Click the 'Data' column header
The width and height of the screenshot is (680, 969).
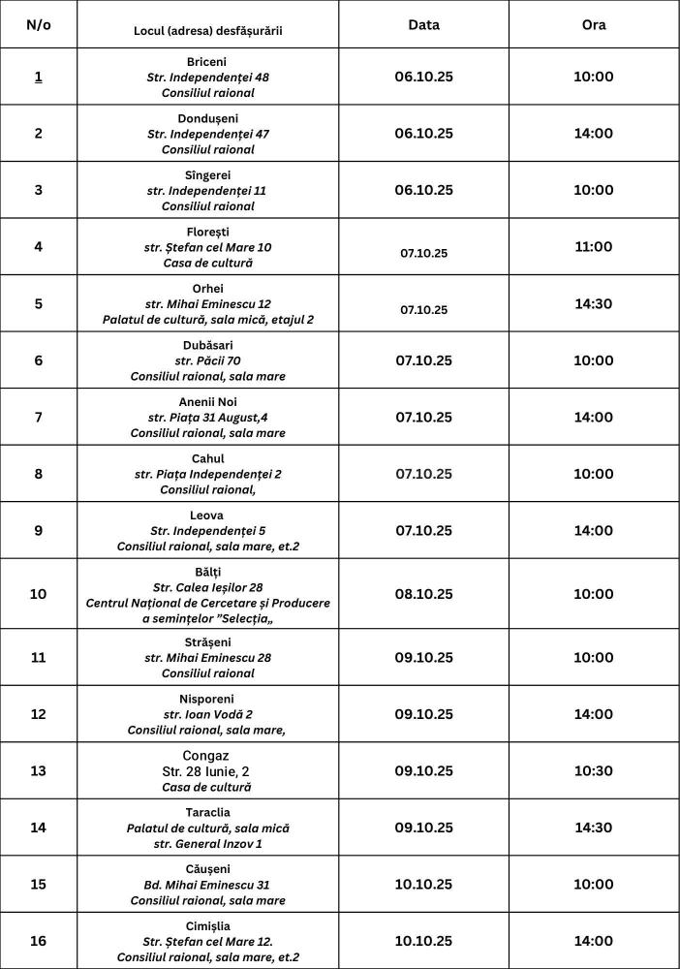[423, 25]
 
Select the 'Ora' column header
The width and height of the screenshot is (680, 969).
[593, 25]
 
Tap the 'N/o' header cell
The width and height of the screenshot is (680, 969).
[38, 25]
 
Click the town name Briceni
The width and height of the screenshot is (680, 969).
[207, 62]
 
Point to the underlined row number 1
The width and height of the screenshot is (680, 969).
[38, 77]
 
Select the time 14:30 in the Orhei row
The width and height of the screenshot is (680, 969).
[593, 303]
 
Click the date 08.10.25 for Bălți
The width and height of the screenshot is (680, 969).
[423, 593]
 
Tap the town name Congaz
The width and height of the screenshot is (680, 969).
[207, 755]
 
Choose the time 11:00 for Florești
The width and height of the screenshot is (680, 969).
[593, 247]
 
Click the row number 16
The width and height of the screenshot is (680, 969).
[38, 940]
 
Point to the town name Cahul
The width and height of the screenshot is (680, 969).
[207, 458]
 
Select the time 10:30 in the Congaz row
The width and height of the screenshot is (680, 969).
[593, 770]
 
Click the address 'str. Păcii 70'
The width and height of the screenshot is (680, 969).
[207, 360]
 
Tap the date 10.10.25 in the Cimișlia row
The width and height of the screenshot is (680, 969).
[423, 940]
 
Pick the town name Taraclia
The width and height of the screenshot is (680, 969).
[207, 812]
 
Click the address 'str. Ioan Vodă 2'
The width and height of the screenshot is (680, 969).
[207, 714]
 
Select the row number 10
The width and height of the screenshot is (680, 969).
[38, 593]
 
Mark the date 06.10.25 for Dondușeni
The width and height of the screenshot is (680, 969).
[423, 133]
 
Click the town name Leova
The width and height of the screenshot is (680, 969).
[207, 516]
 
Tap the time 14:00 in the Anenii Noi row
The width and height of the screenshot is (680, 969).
[593, 417]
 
